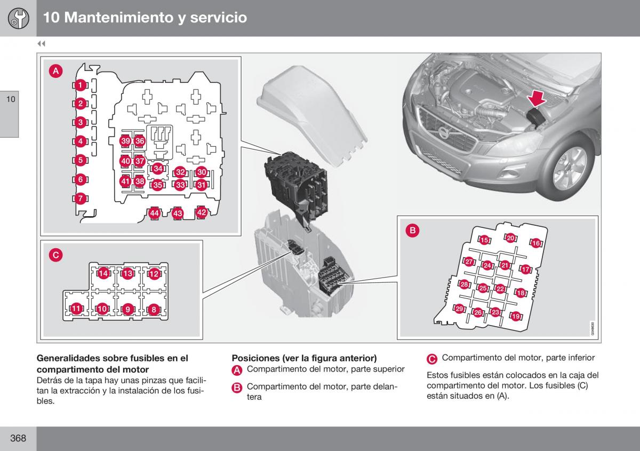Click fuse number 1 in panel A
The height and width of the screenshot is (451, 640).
[x=79, y=85]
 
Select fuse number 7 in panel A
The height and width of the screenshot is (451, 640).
[x=79, y=199]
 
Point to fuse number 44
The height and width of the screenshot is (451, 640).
[x=154, y=213]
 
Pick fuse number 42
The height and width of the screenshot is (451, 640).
[x=202, y=212]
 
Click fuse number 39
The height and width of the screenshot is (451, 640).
[x=125, y=141]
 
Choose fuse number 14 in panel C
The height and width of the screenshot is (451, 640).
[x=103, y=274]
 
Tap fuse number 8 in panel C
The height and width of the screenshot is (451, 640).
[x=154, y=309]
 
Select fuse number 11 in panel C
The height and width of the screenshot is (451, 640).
[x=76, y=308]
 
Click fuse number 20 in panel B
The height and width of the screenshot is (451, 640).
[x=510, y=238]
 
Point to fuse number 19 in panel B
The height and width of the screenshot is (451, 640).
[x=516, y=317]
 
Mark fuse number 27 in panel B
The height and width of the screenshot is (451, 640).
[x=469, y=262]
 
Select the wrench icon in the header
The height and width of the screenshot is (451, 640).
[x=19, y=18]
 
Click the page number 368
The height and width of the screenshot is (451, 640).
[x=18, y=438]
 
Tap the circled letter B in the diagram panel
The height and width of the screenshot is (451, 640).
[x=412, y=231]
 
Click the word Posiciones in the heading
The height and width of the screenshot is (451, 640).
[x=254, y=358]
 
